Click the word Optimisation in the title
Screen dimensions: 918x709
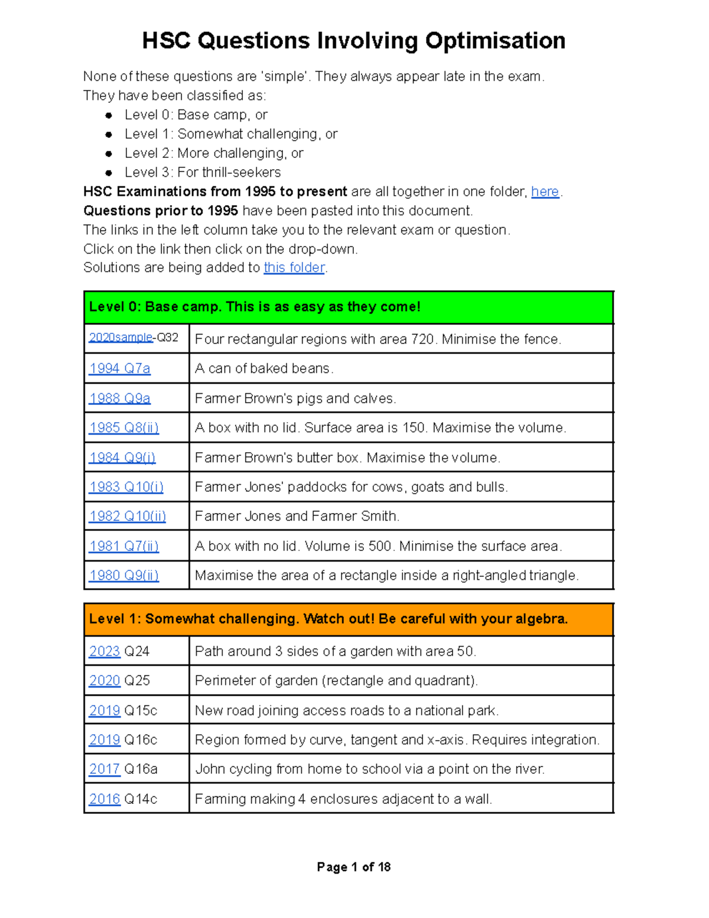point(495,41)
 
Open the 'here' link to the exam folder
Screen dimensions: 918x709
point(545,192)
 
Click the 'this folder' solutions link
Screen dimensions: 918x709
point(294,268)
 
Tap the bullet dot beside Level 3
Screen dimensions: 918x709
point(109,173)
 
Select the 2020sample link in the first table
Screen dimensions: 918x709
point(121,338)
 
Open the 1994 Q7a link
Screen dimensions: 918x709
point(119,368)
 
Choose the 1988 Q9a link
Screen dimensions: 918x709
point(119,398)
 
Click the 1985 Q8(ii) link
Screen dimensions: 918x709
point(123,427)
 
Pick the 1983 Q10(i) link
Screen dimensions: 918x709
point(126,487)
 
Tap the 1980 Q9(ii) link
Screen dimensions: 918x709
point(123,575)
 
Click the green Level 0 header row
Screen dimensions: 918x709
point(349,307)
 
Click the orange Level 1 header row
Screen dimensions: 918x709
point(349,619)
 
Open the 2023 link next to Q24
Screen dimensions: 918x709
point(105,651)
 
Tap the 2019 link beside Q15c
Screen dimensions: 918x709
point(105,711)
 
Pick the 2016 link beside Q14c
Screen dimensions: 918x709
point(105,799)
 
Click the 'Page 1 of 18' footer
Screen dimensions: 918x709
point(353,867)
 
